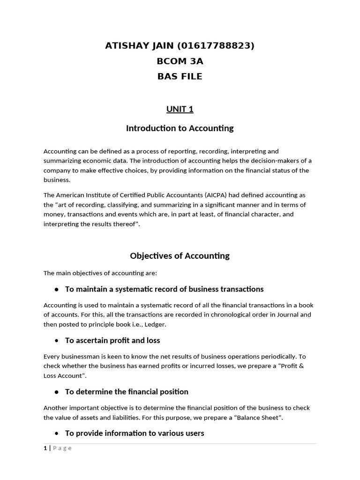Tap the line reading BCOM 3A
click(180, 61)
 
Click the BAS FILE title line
click(180, 76)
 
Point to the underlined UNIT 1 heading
click(180, 109)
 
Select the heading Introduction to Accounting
click(180, 128)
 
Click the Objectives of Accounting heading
click(180, 256)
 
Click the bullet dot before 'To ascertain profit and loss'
click(57, 341)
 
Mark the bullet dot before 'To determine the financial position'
click(57, 392)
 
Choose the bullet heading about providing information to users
click(135, 433)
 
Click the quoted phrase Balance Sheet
click(258, 417)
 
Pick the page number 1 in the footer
click(45, 448)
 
